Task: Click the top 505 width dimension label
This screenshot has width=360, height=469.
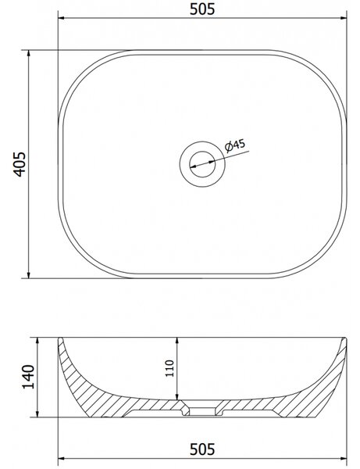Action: tap(202, 9)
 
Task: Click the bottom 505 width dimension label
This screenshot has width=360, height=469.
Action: tap(202, 449)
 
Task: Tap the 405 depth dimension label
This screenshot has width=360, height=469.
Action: tap(20, 164)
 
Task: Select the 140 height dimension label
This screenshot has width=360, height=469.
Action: tap(29, 377)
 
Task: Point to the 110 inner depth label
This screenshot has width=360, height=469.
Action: tap(169, 368)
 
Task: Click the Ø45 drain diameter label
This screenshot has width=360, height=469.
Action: tap(235, 145)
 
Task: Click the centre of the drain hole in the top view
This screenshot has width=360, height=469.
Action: tap(202, 164)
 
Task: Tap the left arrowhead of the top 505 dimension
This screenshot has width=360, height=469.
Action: tap(61, 18)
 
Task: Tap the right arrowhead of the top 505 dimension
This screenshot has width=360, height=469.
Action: tap(343, 18)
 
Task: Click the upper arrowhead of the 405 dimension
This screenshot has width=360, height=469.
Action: tap(29, 53)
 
